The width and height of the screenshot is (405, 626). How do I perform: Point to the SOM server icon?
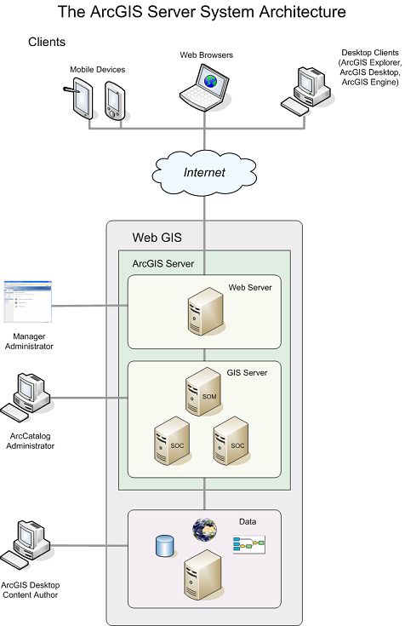click(x=202, y=394)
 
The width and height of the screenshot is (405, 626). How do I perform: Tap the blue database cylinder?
click(x=163, y=546)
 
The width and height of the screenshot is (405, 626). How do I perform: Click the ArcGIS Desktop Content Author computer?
click(x=26, y=546)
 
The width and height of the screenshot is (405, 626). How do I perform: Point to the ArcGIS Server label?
click(x=163, y=264)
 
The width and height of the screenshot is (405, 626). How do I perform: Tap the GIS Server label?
click(x=248, y=373)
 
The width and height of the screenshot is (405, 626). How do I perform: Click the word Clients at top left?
click(x=47, y=42)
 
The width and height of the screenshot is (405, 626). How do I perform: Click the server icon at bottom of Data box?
click(x=203, y=577)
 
